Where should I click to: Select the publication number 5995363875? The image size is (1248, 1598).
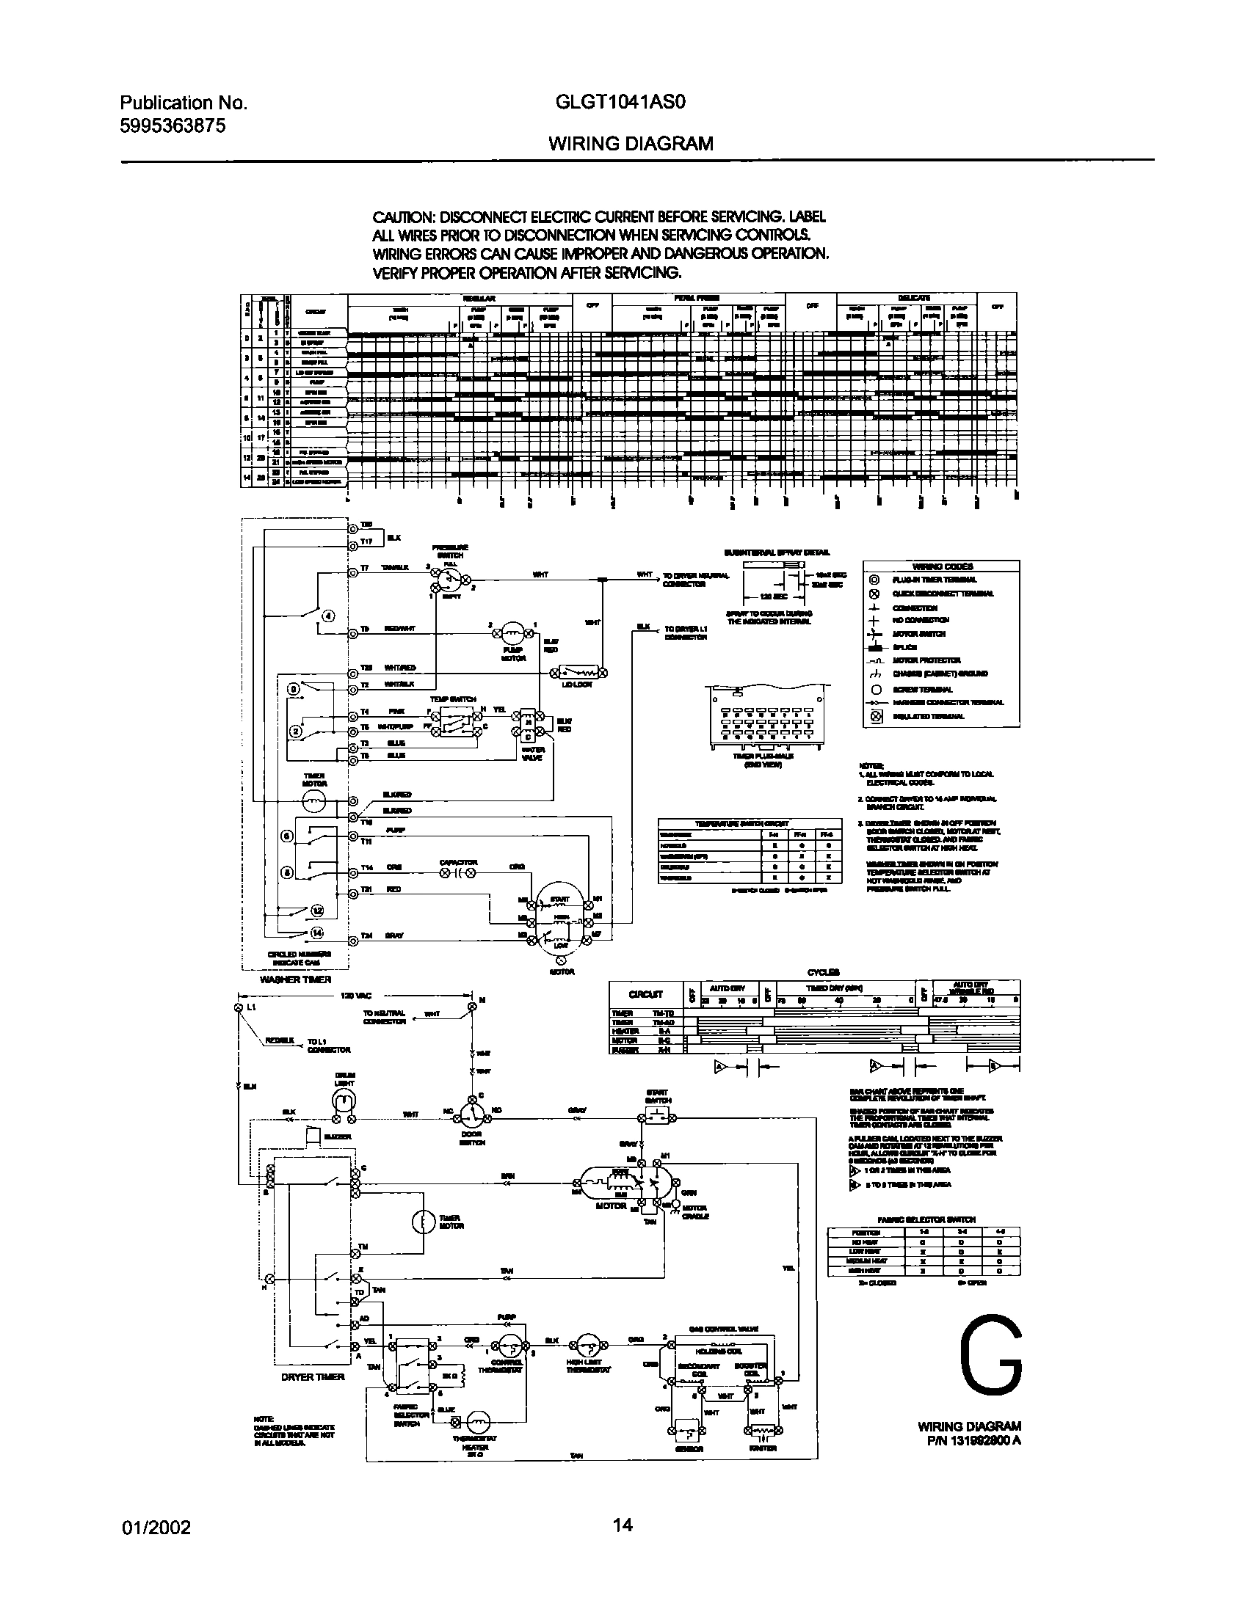click(x=172, y=125)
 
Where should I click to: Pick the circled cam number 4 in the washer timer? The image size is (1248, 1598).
click(x=327, y=615)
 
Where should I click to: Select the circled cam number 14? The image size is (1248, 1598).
click(x=317, y=933)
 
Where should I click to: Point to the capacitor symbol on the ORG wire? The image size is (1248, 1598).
click(x=459, y=873)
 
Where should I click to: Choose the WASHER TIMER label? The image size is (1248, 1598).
click(x=296, y=979)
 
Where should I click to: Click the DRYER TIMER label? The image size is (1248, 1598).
click(x=313, y=1377)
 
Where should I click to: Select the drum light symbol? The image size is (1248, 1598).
click(x=344, y=1101)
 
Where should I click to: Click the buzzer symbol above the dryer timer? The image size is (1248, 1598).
click(x=312, y=1136)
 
